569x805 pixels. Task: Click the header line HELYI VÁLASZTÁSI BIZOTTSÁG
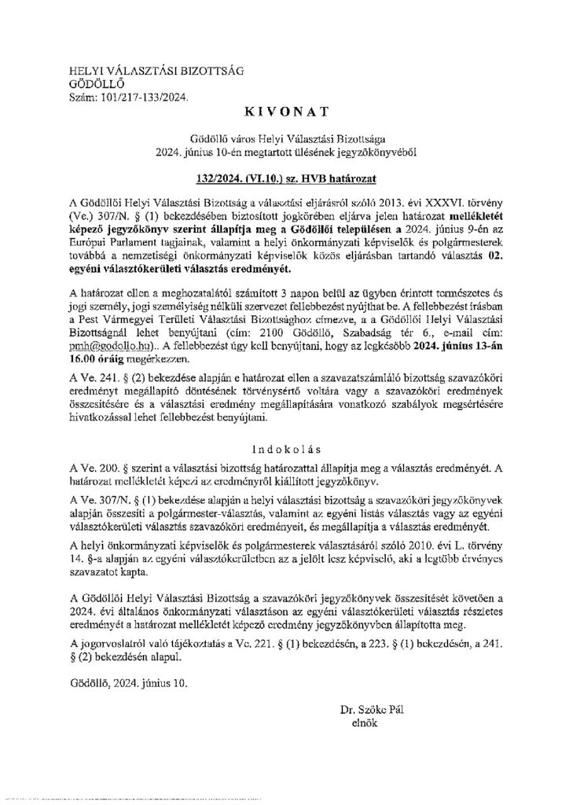pos(138,72)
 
